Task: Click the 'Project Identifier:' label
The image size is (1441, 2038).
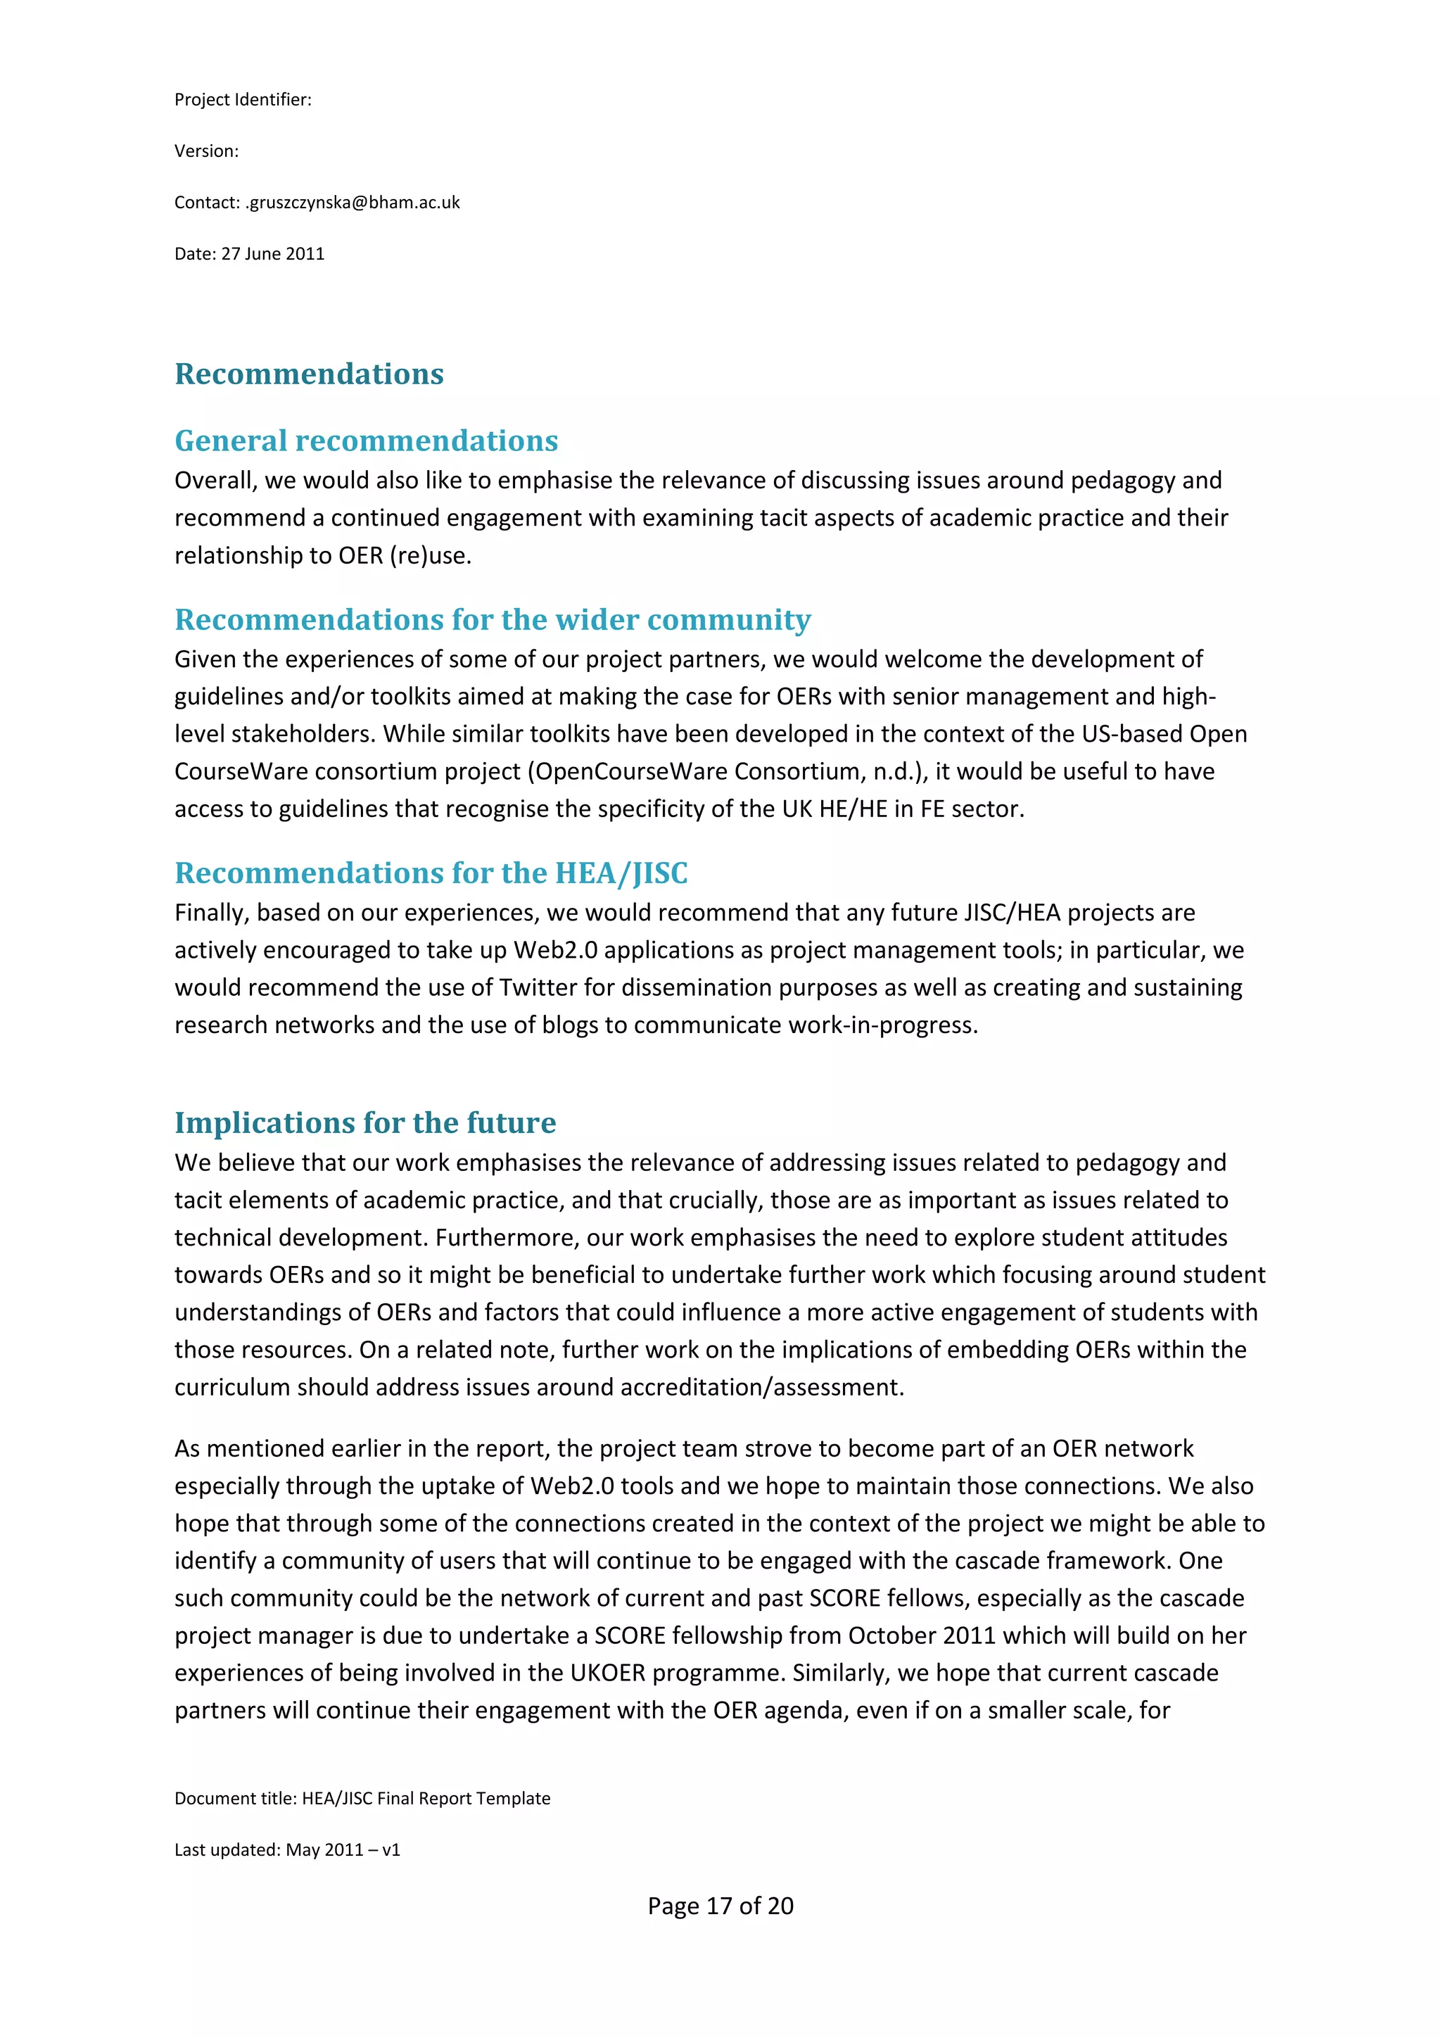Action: click(x=242, y=99)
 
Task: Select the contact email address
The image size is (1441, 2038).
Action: click(x=353, y=203)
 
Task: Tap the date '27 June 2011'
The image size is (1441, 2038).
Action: click(x=272, y=254)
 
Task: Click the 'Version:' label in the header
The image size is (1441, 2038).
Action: click(x=206, y=151)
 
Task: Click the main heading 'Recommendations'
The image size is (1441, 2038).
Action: click(x=309, y=374)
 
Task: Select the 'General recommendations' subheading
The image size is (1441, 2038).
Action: click(x=366, y=441)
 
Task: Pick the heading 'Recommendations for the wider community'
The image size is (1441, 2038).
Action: click(x=493, y=619)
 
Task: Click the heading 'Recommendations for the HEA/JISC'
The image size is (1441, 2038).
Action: click(x=431, y=873)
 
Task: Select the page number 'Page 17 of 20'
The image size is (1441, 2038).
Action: click(x=720, y=1906)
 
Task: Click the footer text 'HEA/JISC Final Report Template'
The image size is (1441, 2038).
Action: click(x=426, y=1798)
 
